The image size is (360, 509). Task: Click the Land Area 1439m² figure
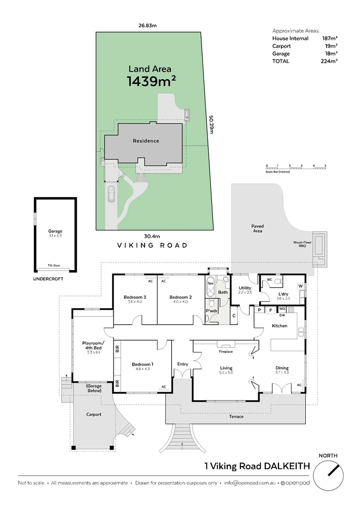pos(152,81)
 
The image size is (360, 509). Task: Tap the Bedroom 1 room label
pos(142,364)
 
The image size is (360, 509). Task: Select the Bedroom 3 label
pos(135,297)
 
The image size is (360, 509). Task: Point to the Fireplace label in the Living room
pos(226,352)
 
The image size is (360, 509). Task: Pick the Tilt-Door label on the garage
pos(55,265)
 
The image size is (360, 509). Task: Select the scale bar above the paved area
pos(296,167)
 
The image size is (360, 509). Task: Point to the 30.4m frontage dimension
pos(153,236)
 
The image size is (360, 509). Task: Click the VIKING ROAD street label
pos(152,246)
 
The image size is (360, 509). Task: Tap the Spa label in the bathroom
pos(211,283)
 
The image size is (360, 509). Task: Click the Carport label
pos(93,415)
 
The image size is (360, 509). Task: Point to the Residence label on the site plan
pos(146,141)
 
